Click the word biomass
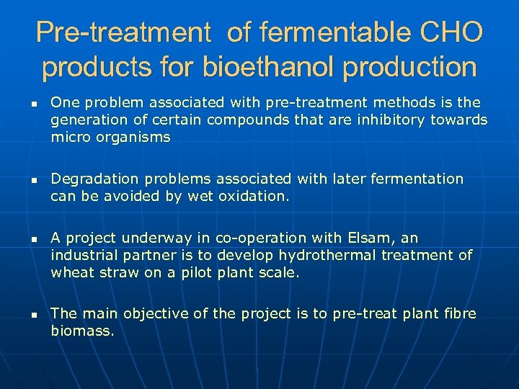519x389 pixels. click(x=82, y=331)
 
